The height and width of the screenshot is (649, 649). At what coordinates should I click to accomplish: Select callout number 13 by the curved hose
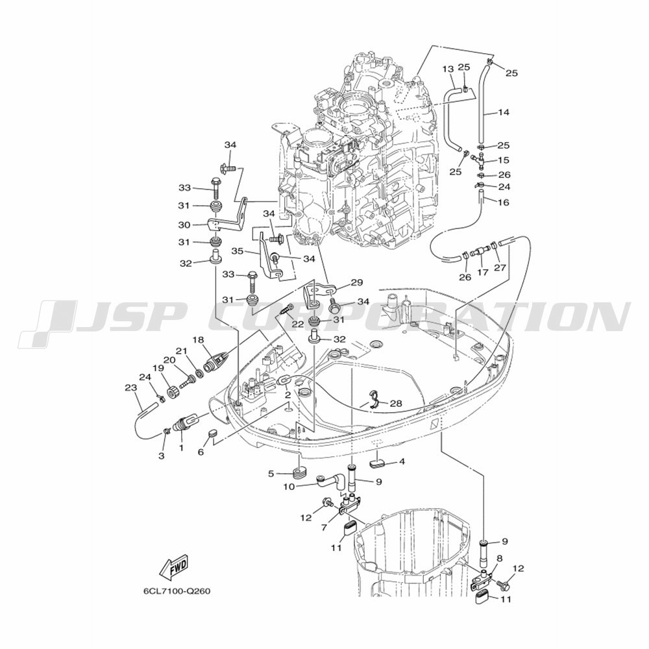[x=448, y=69]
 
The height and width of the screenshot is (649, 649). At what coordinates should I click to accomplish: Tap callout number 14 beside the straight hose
[x=504, y=112]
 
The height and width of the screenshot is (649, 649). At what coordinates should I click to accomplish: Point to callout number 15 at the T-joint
[x=504, y=160]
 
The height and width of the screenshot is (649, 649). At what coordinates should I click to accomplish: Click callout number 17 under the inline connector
[x=483, y=273]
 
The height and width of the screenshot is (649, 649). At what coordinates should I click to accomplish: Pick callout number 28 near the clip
[x=396, y=403]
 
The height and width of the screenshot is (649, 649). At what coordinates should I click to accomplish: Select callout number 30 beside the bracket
[x=184, y=225]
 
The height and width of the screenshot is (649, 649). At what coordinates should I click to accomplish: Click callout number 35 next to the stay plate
[x=238, y=251]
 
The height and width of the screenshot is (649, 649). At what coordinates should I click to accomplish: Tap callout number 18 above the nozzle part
[x=198, y=340]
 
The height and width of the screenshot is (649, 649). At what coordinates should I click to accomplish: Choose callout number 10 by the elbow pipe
[x=289, y=487]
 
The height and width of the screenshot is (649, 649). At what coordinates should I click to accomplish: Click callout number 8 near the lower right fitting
[x=500, y=558]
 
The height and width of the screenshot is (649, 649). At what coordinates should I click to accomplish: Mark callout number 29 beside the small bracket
[x=357, y=283]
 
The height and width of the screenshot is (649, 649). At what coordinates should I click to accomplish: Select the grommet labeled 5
[x=300, y=473]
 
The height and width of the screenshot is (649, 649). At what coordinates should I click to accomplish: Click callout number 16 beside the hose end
[x=504, y=202]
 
